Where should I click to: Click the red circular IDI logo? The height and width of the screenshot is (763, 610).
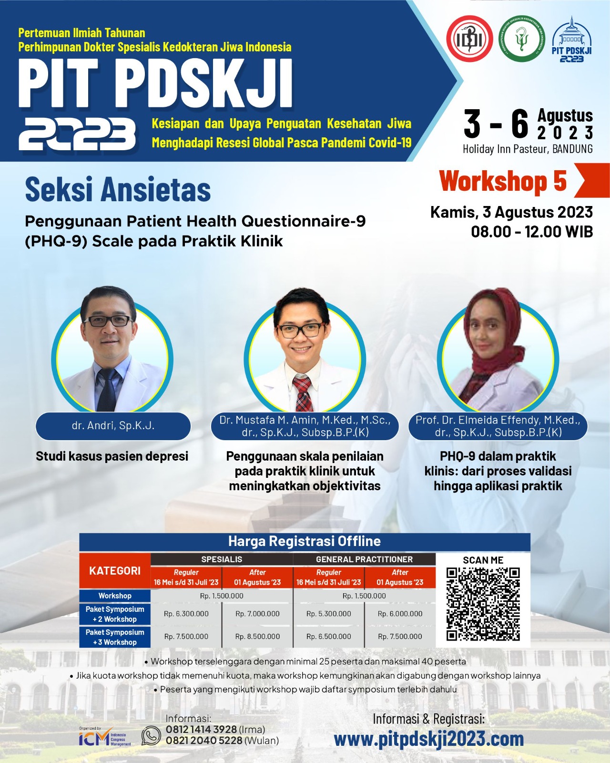click(469, 39)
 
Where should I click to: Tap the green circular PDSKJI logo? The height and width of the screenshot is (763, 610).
click(522, 39)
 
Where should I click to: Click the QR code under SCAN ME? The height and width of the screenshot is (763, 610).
click(483, 604)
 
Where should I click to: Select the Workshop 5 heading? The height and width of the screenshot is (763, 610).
click(503, 181)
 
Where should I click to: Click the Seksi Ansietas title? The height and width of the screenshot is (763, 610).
click(118, 190)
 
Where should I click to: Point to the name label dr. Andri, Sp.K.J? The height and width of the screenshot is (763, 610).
click(113, 425)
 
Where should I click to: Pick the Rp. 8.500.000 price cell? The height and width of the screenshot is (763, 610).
click(257, 637)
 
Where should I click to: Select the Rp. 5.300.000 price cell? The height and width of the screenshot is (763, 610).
click(328, 614)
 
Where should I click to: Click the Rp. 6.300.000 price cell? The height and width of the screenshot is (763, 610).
click(186, 614)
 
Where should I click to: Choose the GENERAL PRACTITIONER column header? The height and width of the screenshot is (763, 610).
click(365, 559)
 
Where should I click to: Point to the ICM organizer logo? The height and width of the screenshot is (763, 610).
click(104, 737)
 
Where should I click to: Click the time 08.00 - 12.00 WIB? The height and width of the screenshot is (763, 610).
click(532, 232)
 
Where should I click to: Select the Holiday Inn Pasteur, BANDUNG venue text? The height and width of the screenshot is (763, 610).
click(528, 149)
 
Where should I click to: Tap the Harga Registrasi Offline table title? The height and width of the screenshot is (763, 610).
click(305, 541)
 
